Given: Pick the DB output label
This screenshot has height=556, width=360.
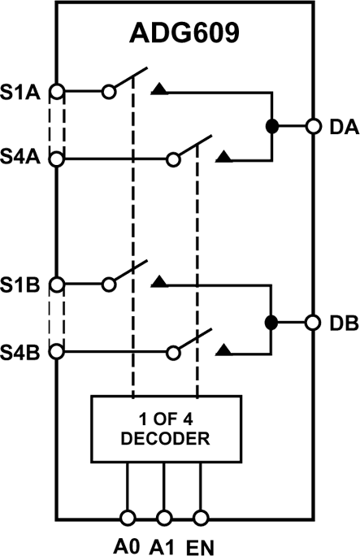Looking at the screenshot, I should (x=339, y=323).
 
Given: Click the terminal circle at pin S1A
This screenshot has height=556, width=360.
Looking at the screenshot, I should (x=56, y=90).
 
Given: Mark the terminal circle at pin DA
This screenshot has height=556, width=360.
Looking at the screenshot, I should (x=312, y=126).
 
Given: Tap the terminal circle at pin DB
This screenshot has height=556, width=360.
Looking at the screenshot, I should (x=312, y=322).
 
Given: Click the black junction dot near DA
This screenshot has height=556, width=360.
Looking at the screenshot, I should (x=271, y=126).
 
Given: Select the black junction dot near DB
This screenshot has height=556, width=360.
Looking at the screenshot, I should (x=271, y=322).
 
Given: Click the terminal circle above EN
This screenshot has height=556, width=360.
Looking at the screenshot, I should (x=200, y=516).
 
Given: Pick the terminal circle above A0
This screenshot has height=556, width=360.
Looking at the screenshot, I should (x=128, y=516).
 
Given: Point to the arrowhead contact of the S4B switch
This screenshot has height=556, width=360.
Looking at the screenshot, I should (x=225, y=350).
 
